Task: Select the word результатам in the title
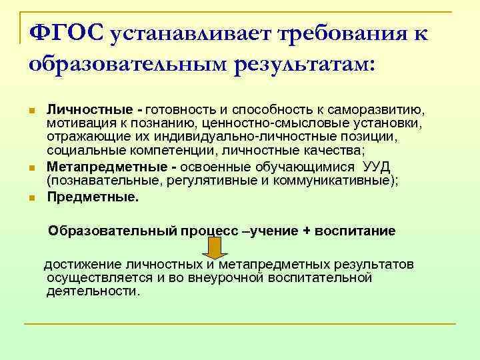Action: [x=302, y=63]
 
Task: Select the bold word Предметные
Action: [x=93, y=197]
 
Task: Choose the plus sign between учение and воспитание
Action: [x=307, y=231]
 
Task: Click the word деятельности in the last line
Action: [x=92, y=291]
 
